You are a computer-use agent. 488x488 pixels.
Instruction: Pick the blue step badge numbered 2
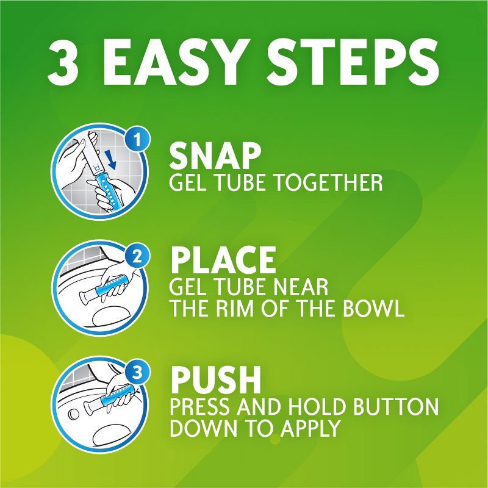140,257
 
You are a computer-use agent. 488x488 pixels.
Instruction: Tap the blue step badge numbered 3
140,372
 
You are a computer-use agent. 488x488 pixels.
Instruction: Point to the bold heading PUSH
215,379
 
